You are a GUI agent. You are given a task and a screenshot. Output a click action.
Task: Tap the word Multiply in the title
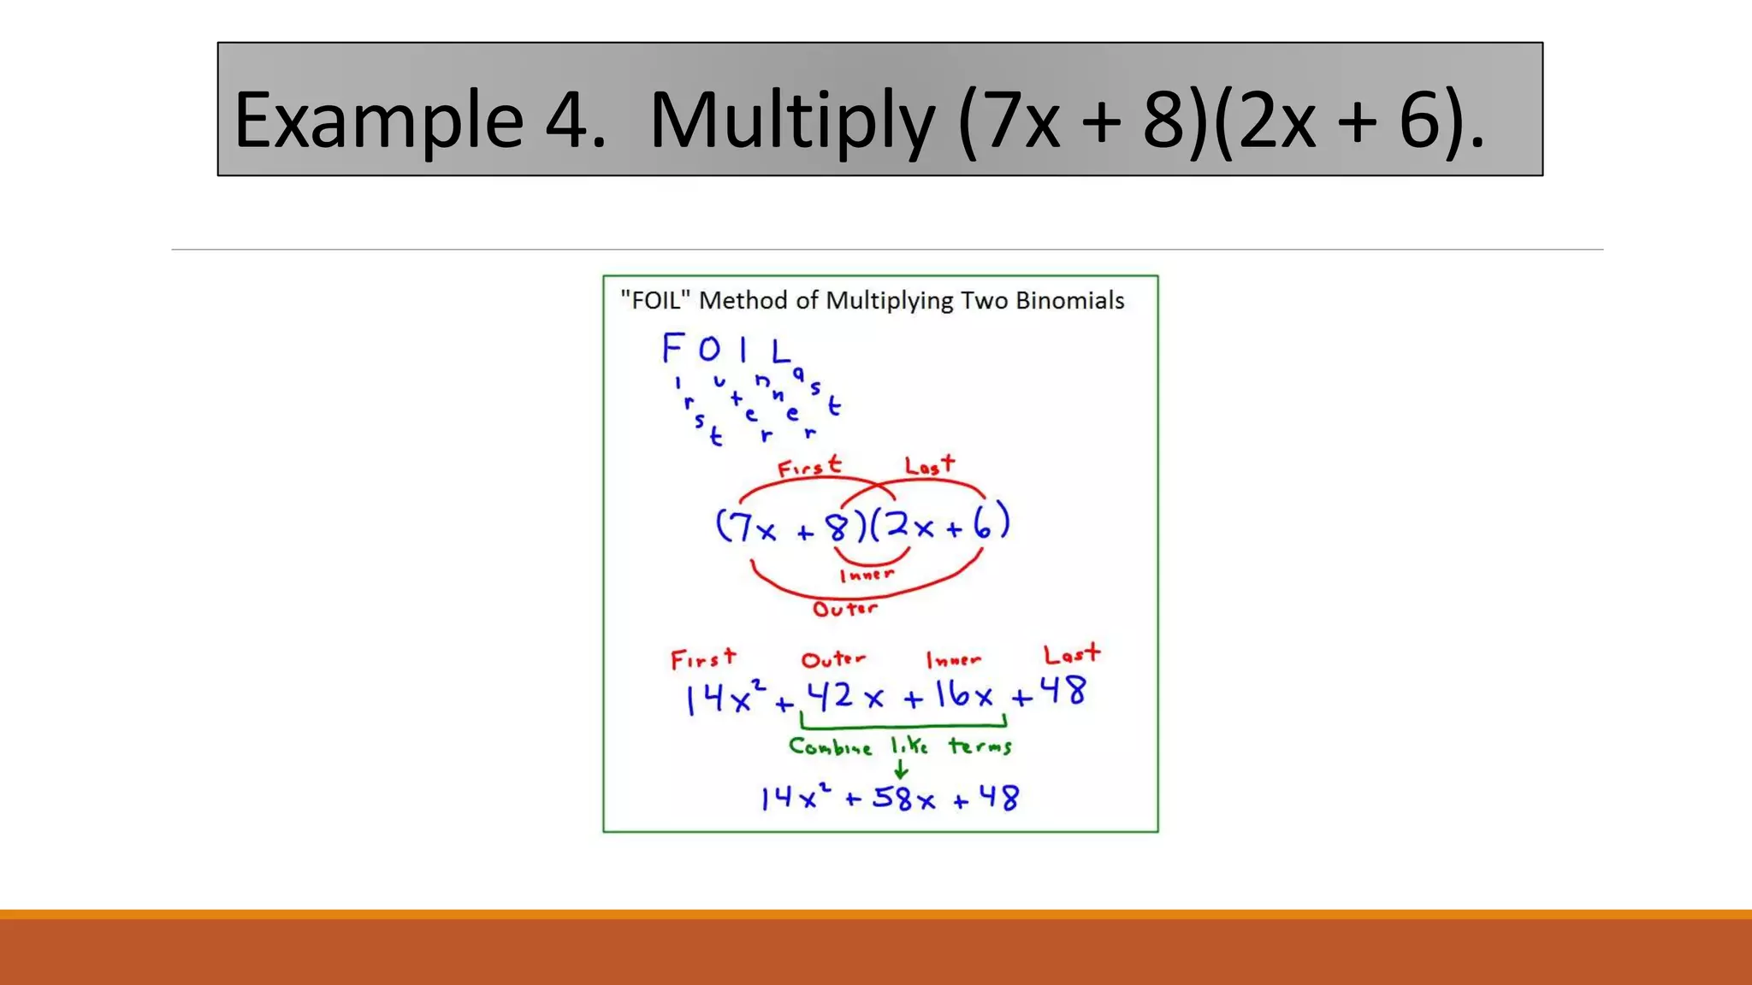tap(792, 120)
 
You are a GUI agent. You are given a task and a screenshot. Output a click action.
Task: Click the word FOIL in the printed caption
tap(654, 300)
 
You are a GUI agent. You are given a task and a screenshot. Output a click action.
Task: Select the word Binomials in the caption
tap(1069, 300)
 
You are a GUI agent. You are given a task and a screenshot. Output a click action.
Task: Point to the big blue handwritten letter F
tap(673, 348)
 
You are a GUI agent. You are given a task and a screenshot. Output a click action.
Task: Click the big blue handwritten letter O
tap(709, 350)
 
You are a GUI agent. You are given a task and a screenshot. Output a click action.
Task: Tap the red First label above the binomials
tap(809, 467)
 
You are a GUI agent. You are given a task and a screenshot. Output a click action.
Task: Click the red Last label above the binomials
tap(930, 465)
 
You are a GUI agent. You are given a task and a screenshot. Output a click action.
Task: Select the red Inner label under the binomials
tap(867, 575)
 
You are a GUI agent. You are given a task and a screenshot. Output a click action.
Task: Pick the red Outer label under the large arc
tap(845, 609)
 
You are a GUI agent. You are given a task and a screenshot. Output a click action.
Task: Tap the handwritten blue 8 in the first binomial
tap(837, 527)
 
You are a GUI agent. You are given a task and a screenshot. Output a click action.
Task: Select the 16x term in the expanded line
tap(964, 695)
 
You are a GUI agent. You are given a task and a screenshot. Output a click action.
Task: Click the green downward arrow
tap(900, 768)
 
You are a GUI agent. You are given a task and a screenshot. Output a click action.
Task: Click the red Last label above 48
tap(1072, 655)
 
